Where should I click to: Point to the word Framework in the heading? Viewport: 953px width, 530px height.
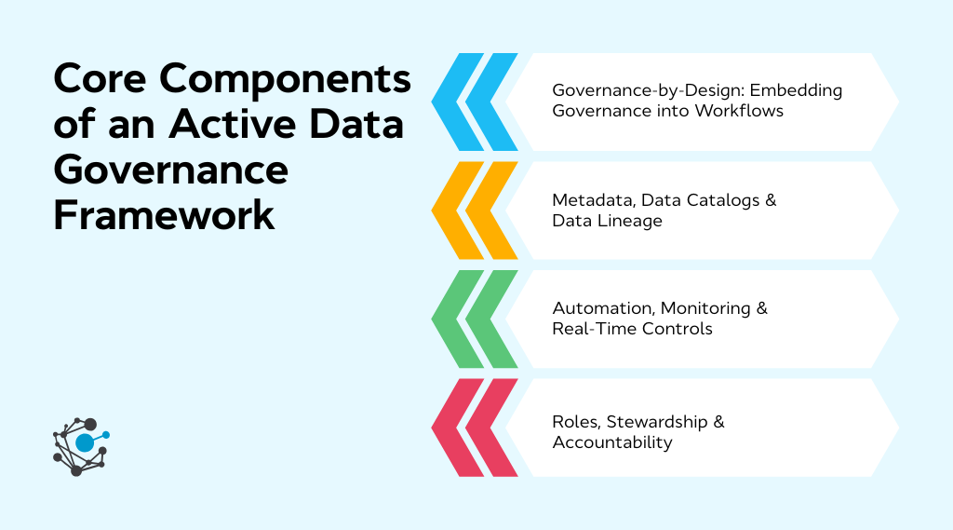tap(164, 215)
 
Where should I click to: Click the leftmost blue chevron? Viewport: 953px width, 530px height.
tap(455, 102)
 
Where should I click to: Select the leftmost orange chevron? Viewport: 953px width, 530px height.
tap(455, 211)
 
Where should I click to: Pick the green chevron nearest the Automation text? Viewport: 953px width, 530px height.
tap(490, 319)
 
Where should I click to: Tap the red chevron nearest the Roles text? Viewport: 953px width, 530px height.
tap(490, 428)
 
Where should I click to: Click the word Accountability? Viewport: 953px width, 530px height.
tap(612, 442)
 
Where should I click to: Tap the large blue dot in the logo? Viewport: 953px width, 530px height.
tap(85, 443)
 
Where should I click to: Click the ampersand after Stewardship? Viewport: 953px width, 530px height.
tap(718, 422)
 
